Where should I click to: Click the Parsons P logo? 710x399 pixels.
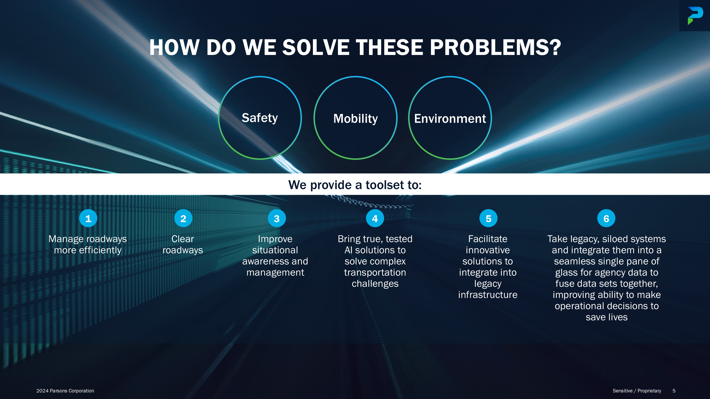[695, 16]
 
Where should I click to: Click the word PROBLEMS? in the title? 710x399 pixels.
[495, 47]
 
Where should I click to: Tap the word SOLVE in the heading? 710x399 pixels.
[316, 47]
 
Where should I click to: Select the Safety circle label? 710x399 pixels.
[260, 118]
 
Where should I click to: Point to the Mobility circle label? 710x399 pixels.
[356, 119]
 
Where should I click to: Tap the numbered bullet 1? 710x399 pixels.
[88, 218]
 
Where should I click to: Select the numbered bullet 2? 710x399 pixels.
[183, 218]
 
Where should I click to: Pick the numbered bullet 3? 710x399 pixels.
[277, 218]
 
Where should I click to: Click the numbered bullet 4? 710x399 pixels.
[375, 218]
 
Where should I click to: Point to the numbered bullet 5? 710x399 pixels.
[488, 218]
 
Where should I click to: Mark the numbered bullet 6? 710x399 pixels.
[606, 218]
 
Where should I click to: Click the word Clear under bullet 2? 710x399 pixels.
[183, 239]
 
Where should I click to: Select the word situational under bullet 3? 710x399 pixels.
[275, 250]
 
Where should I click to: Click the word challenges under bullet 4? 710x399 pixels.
[375, 284]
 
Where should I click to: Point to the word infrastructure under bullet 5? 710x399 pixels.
[488, 295]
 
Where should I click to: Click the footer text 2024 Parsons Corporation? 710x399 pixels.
[65, 391]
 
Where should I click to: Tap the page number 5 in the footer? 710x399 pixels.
[674, 391]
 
